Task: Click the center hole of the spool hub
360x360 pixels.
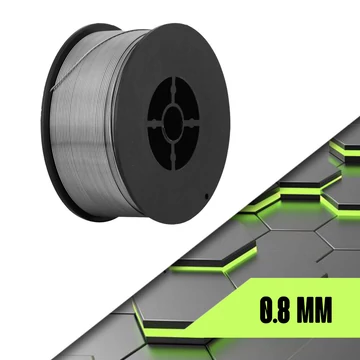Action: click(173, 123)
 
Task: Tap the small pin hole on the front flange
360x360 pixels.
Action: click(207, 196)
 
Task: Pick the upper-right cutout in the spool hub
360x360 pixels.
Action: click(187, 98)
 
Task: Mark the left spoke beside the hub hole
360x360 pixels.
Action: click(156, 124)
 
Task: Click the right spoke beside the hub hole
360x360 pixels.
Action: click(191, 122)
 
